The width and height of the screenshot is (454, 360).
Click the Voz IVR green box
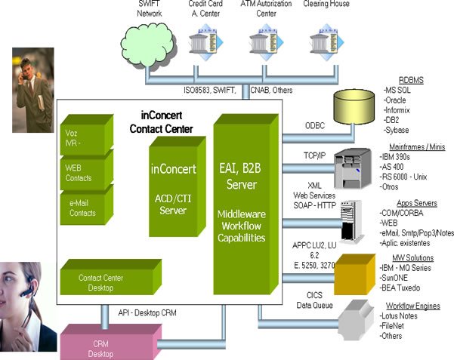pos(84,137)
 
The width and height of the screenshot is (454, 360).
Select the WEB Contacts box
pos(84,172)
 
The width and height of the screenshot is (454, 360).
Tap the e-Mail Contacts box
pos(84,208)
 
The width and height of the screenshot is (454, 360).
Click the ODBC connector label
pos(314,125)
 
